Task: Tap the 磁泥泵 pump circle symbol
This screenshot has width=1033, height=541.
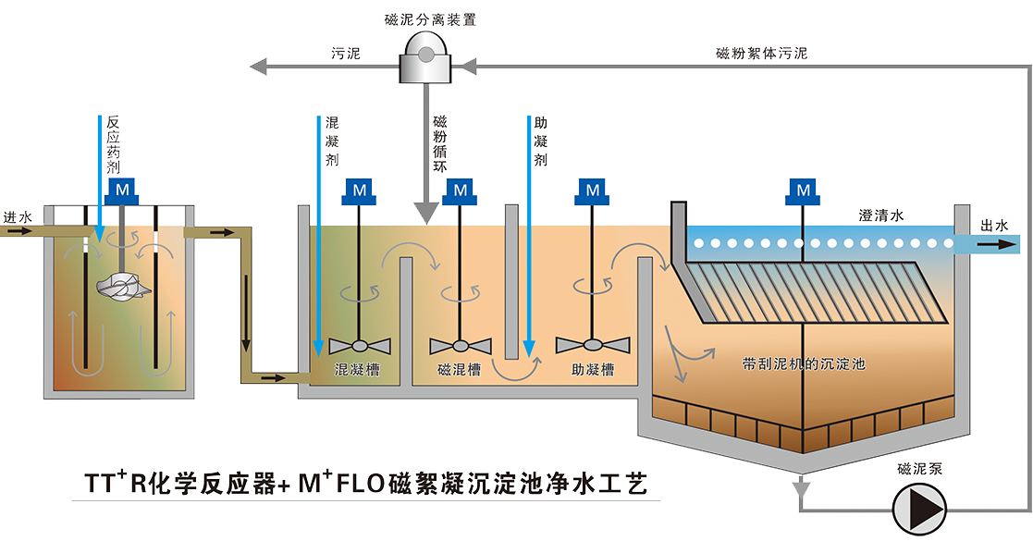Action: (x=918, y=508)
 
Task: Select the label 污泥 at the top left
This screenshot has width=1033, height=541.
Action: (x=346, y=54)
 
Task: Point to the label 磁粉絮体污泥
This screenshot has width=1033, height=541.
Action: (x=761, y=54)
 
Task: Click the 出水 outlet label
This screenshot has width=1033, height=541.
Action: (x=994, y=226)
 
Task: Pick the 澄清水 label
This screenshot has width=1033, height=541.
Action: (x=880, y=215)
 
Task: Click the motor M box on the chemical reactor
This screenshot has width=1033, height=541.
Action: (x=121, y=191)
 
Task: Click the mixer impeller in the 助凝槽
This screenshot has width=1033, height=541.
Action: (x=593, y=345)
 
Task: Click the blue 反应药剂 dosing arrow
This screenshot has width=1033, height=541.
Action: (x=99, y=176)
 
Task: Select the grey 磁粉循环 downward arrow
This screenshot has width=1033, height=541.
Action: (x=426, y=166)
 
